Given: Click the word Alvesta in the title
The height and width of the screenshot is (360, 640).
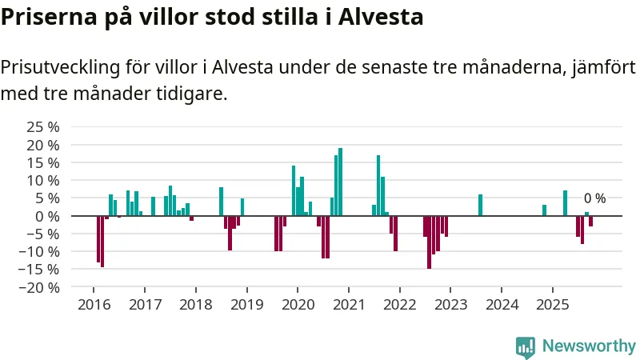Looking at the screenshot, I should tap(382, 17).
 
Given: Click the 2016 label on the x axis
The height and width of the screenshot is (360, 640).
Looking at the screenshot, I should tap(94, 305).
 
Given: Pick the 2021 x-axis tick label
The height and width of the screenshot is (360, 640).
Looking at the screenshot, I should tap(349, 305).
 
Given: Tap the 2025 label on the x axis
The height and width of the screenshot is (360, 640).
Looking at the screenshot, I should tap(552, 305).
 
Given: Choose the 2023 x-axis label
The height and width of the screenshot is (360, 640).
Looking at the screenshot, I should tap(450, 305).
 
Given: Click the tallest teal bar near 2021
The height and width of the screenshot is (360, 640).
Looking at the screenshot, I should tap(340, 182).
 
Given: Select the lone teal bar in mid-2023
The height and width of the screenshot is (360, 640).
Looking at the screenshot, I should tap(480, 206).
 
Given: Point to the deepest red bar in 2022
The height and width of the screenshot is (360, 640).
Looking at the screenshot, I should tap(429, 242).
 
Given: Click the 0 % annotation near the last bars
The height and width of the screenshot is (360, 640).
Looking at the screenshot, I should tap(594, 198).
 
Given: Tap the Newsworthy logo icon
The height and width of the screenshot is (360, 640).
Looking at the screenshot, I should tap(526, 346).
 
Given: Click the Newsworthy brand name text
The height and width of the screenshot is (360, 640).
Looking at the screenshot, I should tap(589, 346).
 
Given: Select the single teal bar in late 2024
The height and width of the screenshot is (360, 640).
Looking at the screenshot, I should tap(544, 210).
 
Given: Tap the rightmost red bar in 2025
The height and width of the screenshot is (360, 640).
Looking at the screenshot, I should tap(590, 221).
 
